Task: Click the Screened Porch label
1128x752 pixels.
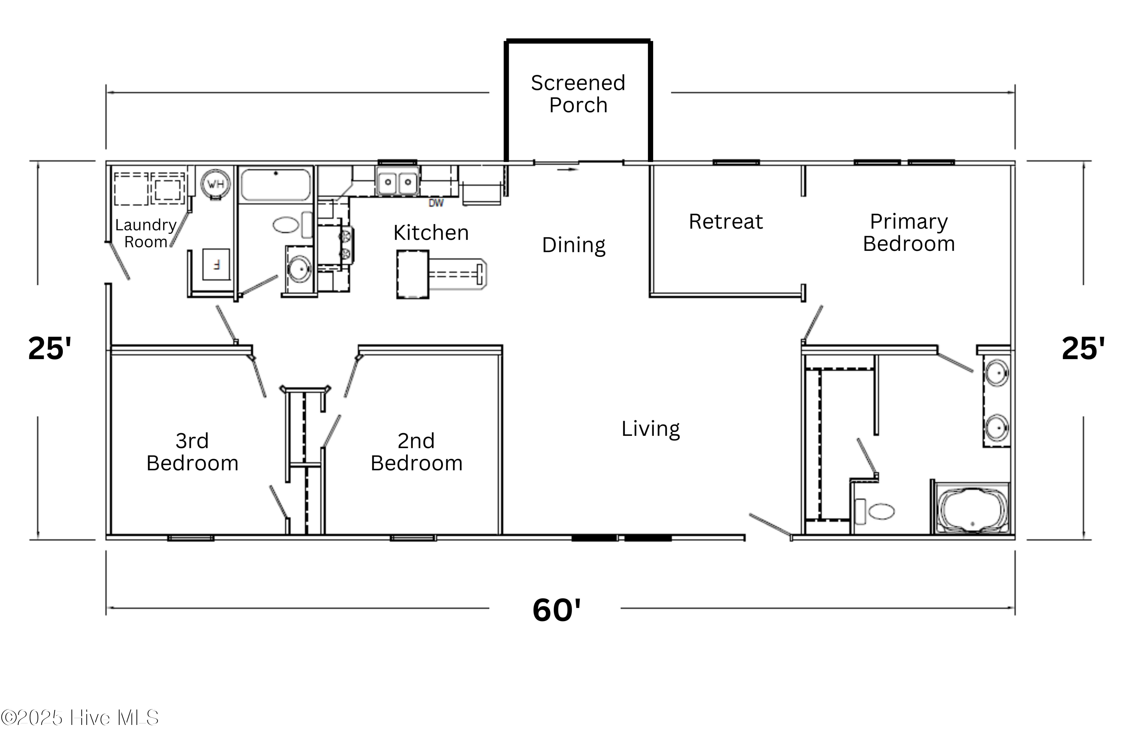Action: [x=578, y=94]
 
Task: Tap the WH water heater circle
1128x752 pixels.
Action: [x=215, y=184]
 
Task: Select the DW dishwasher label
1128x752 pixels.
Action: [x=435, y=203]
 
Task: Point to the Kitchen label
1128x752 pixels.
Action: [x=431, y=233]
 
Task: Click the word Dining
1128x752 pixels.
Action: [x=574, y=245]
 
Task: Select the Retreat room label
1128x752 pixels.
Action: [x=725, y=221]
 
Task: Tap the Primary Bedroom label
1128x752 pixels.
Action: [x=908, y=233]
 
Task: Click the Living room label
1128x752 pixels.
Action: [x=650, y=429]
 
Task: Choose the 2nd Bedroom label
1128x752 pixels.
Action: [x=416, y=452]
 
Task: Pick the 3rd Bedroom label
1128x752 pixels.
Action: [x=192, y=452]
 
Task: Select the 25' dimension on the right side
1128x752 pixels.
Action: [x=1083, y=348]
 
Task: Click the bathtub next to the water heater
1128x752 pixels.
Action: [x=275, y=185]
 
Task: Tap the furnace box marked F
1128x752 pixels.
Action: [x=216, y=264]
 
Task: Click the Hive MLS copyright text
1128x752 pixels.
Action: [x=80, y=718]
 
